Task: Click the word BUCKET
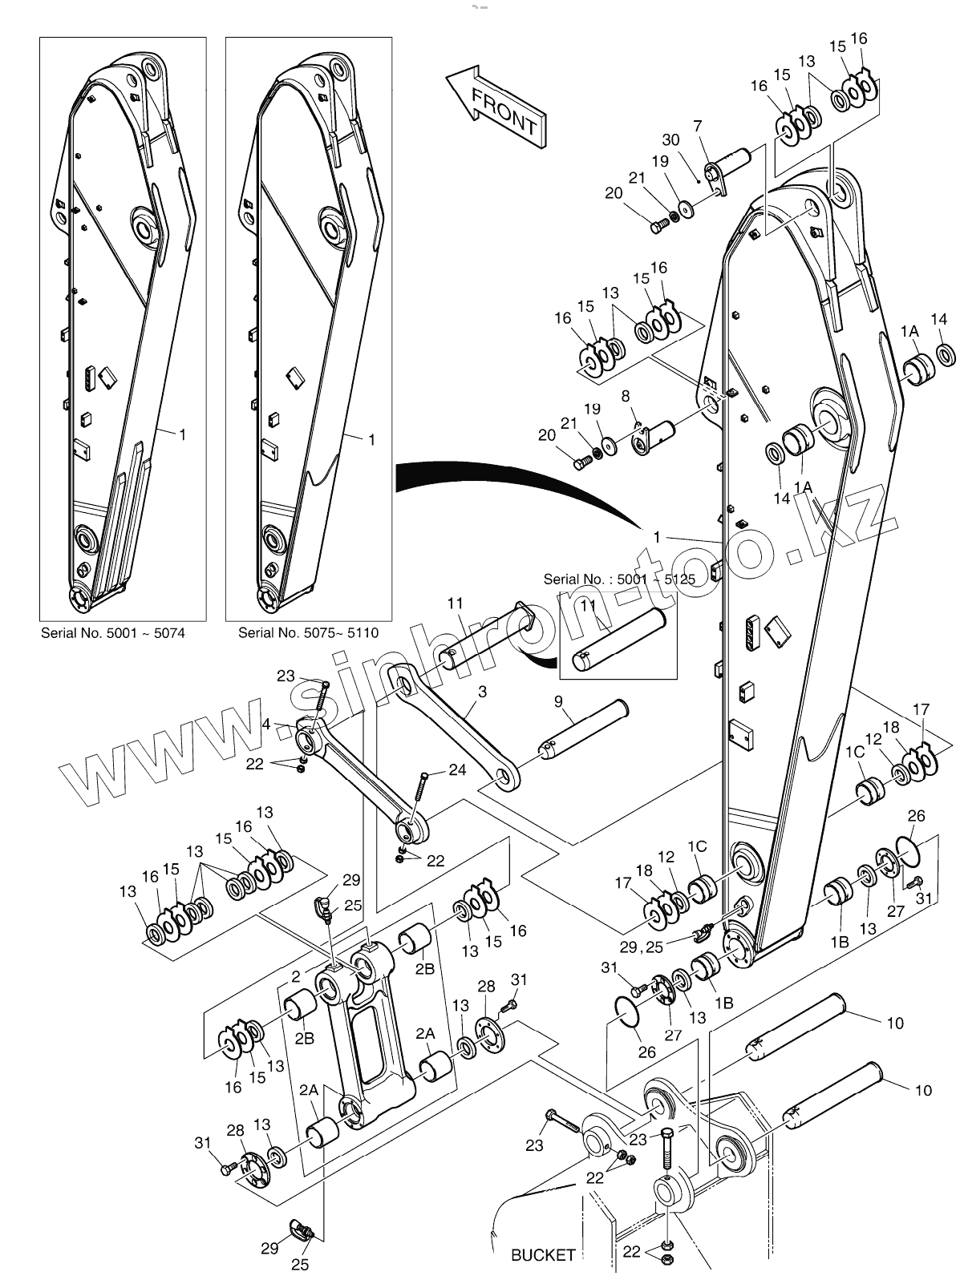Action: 543,1254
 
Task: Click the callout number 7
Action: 698,126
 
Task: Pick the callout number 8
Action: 626,396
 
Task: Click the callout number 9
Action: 559,703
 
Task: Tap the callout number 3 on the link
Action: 481,691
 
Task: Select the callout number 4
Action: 265,724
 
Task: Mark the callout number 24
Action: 457,771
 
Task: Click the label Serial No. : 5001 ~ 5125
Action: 619,578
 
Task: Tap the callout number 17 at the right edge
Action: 921,709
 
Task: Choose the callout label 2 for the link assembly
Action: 295,976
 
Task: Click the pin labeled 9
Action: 581,731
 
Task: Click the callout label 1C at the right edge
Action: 855,752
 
